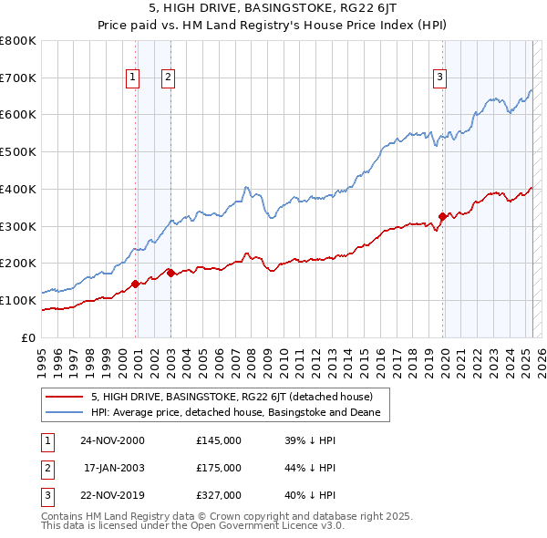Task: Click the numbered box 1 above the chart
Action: pyautogui.click(x=133, y=78)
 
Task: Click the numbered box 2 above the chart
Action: pyautogui.click(x=170, y=78)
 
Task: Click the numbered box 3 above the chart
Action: pyautogui.click(x=439, y=78)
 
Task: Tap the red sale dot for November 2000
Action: pyautogui.click(x=136, y=284)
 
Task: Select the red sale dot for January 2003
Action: pyautogui.click(x=170, y=273)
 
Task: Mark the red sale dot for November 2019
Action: pyautogui.click(x=443, y=216)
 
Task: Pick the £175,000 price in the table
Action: pyautogui.click(x=219, y=468)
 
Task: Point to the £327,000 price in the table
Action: pyautogui.click(x=219, y=495)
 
